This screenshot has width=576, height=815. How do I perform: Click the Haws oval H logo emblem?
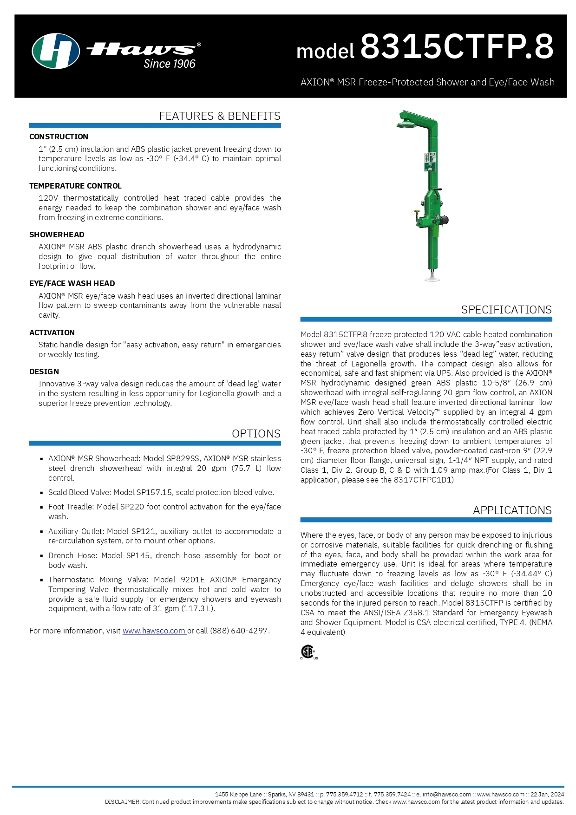55,51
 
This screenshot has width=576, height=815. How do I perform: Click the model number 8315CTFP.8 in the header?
457,46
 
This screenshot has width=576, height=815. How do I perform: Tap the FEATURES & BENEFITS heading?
219,116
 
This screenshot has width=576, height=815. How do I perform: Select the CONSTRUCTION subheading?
59,137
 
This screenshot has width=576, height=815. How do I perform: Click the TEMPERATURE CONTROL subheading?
75,186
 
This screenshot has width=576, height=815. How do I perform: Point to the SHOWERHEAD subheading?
57,235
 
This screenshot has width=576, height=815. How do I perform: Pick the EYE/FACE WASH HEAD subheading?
72,283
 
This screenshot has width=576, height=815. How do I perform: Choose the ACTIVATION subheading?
52,333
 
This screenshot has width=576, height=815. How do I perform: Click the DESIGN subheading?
44,372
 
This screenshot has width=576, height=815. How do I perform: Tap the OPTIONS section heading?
256,434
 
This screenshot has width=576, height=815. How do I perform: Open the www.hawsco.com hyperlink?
154,631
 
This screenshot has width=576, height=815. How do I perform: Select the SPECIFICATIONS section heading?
506,310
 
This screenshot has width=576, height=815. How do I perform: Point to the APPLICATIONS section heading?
512,510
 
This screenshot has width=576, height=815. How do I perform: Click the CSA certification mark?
308,652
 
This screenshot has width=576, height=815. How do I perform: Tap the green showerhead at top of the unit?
406,123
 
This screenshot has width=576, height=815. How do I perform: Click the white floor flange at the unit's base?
432,279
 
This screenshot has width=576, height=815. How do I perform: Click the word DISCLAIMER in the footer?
122,802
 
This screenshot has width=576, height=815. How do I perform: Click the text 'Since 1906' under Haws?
170,64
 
